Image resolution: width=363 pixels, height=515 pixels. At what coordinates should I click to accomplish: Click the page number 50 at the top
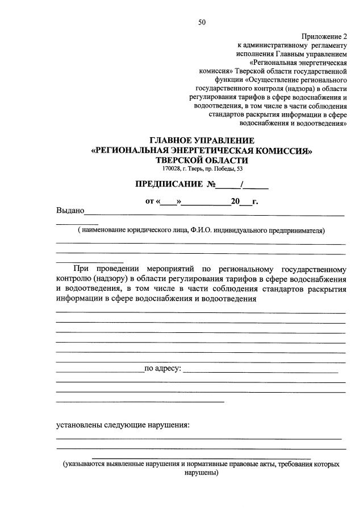pos(202,23)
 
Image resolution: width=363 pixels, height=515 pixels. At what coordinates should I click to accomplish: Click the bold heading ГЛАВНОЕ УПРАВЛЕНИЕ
pos(202,141)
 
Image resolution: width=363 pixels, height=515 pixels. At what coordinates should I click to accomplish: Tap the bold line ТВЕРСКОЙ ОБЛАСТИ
pos(202,160)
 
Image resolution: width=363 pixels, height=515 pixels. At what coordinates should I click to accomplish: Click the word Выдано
pos(70,211)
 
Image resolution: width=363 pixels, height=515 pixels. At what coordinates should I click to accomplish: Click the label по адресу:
pos(163,369)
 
